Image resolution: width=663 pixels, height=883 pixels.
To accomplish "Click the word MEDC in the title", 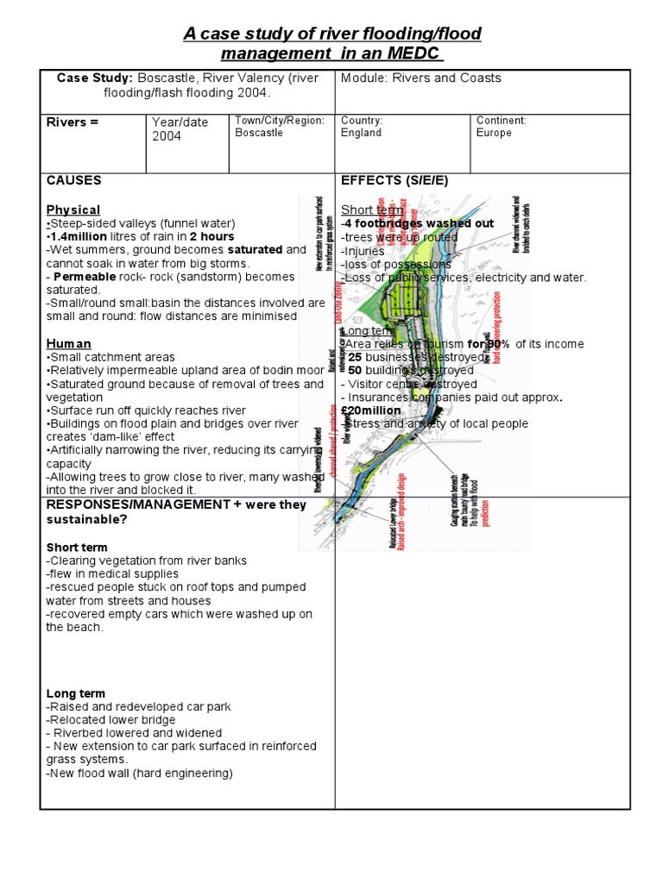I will click(416, 54).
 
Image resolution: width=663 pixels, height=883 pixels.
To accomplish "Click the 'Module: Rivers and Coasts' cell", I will click(420, 78).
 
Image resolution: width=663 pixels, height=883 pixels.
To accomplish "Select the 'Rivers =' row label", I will click(73, 122).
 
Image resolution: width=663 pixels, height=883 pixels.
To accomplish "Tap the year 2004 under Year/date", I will click(167, 136).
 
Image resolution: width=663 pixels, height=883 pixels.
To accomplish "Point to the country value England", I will click(361, 134).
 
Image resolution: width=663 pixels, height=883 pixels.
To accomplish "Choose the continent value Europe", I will click(494, 134).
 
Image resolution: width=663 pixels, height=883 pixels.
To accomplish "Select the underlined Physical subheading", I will click(73, 210).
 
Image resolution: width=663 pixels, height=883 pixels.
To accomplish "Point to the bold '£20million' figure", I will click(371, 410).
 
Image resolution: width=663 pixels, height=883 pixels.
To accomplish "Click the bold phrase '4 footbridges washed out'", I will click(420, 223).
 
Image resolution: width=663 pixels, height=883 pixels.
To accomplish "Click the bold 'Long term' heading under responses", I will click(76, 693).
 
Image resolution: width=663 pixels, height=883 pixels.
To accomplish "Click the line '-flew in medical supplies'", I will click(112, 573).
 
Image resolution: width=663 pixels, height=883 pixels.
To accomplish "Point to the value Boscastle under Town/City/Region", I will click(258, 134).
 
